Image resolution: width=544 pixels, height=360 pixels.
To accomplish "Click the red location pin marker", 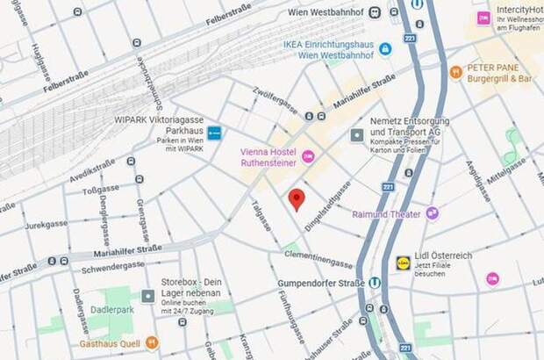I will click(x=297, y=199).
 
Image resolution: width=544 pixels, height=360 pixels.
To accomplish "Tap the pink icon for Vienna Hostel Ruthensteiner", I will click(x=307, y=156).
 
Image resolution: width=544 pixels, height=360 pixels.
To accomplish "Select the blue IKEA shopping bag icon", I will click(x=385, y=48).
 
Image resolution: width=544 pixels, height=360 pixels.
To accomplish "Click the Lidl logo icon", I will click(x=403, y=262).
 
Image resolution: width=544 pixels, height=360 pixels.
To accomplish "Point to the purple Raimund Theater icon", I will click(x=432, y=213).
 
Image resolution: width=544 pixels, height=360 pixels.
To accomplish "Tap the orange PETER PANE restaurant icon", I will click(x=455, y=72).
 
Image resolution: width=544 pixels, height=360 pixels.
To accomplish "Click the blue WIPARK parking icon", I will click(x=215, y=133).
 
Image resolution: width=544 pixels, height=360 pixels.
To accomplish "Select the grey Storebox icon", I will click(x=148, y=297).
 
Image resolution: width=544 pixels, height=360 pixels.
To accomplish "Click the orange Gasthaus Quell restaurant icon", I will click(x=152, y=342).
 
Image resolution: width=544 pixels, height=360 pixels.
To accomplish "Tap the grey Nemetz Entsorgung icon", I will click(x=357, y=135).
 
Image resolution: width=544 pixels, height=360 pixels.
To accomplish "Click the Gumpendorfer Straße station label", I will click(x=309, y=283).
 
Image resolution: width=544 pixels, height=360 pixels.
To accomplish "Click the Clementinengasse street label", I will click(x=318, y=258).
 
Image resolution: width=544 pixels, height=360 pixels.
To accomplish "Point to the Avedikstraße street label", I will click(x=93, y=167).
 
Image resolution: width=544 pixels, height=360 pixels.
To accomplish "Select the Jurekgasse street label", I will click(x=47, y=225).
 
